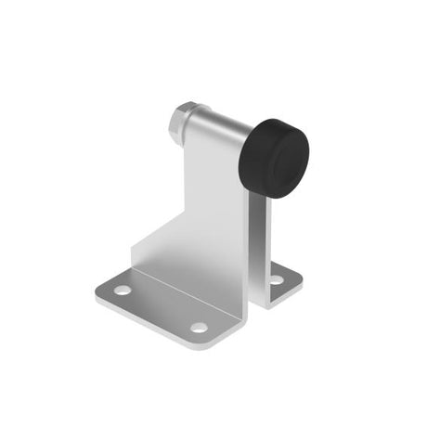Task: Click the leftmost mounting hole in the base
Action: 123,291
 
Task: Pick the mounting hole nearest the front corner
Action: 198,328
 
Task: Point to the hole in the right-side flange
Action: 276,278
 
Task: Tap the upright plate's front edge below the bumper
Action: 250,241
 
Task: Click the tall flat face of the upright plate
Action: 215,204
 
